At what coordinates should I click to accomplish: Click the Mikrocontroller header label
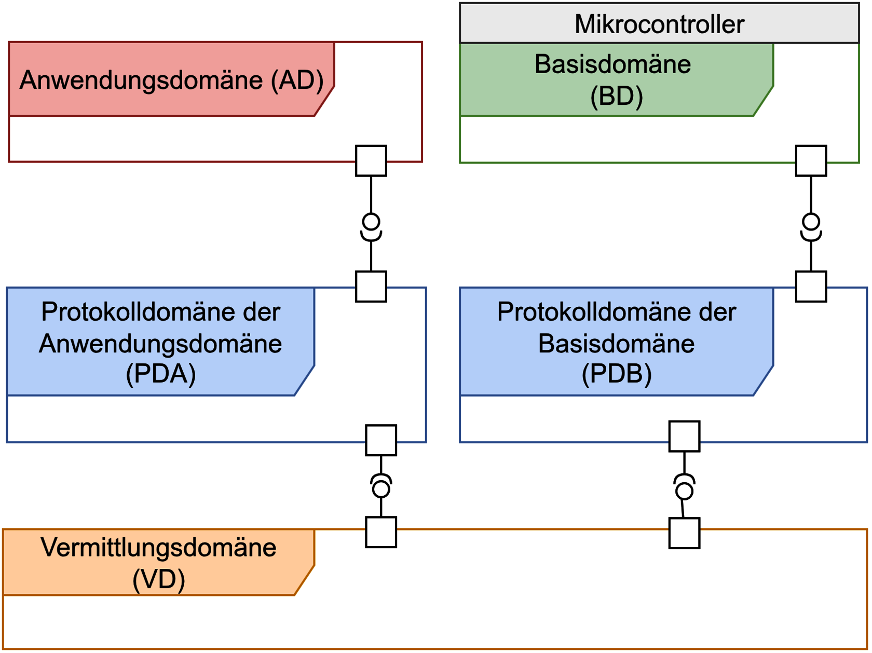coord(659,24)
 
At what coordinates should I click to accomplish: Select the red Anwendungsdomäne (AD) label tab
coord(171,79)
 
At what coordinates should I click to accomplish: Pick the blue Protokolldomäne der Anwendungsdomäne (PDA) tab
coord(160,342)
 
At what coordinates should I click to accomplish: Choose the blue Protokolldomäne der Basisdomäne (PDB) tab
coord(616,342)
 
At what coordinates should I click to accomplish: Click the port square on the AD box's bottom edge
coord(371,161)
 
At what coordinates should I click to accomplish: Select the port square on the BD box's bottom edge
coord(811,161)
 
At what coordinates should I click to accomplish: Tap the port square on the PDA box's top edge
coord(371,287)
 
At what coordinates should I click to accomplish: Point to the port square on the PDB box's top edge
coord(811,287)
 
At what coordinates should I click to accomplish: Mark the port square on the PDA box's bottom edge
coord(381,440)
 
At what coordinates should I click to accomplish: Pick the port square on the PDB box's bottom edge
coord(684,437)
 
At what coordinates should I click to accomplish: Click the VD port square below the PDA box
coord(381,532)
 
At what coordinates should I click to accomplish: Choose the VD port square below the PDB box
coord(684,533)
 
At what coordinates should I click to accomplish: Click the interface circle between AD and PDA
coord(371,222)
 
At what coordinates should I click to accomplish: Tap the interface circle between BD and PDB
coord(811,222)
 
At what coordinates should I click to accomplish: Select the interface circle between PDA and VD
coord(381,489)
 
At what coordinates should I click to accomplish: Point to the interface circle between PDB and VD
coord(684,491)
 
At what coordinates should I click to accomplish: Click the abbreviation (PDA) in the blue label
coord(160,374)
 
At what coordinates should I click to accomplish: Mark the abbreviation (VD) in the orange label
coord(158,579)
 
